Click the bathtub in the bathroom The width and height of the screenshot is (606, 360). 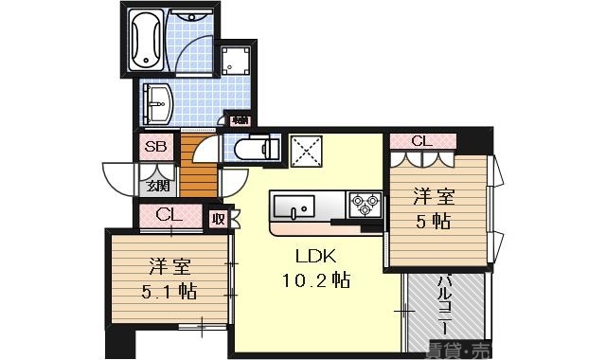148,40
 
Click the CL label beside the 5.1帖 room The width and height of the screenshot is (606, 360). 169,215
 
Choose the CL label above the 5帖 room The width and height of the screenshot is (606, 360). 422,141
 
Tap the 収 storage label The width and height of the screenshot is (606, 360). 219,218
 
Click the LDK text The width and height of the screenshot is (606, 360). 315,257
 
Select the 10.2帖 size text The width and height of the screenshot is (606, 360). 315,280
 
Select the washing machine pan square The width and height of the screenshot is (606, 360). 234,61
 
